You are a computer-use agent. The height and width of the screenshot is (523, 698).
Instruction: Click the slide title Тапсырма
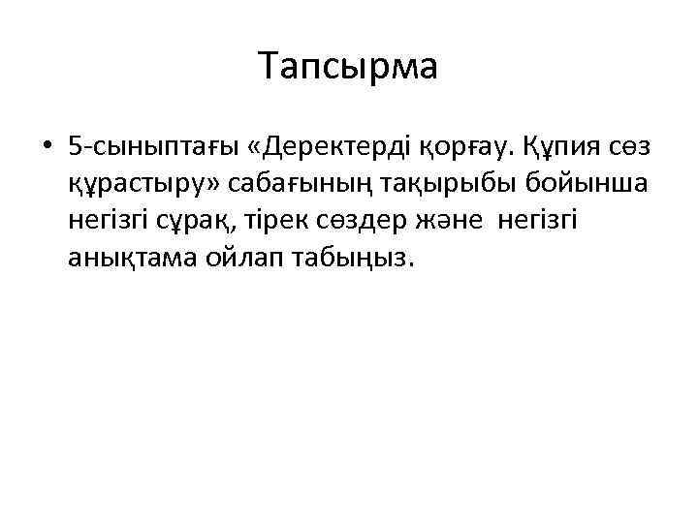click(x=349, y=67)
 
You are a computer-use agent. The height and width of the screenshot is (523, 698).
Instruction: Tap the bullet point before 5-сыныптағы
click(x=47, y=148)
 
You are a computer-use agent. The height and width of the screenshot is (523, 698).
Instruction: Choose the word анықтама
click(x=134, y=259)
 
